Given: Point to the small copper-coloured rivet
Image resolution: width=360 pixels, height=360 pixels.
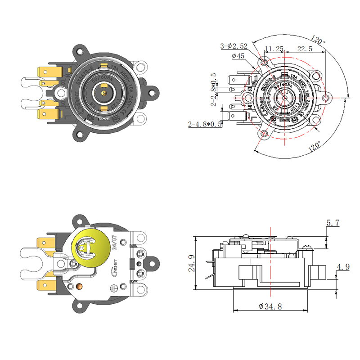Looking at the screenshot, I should [80, 286].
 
